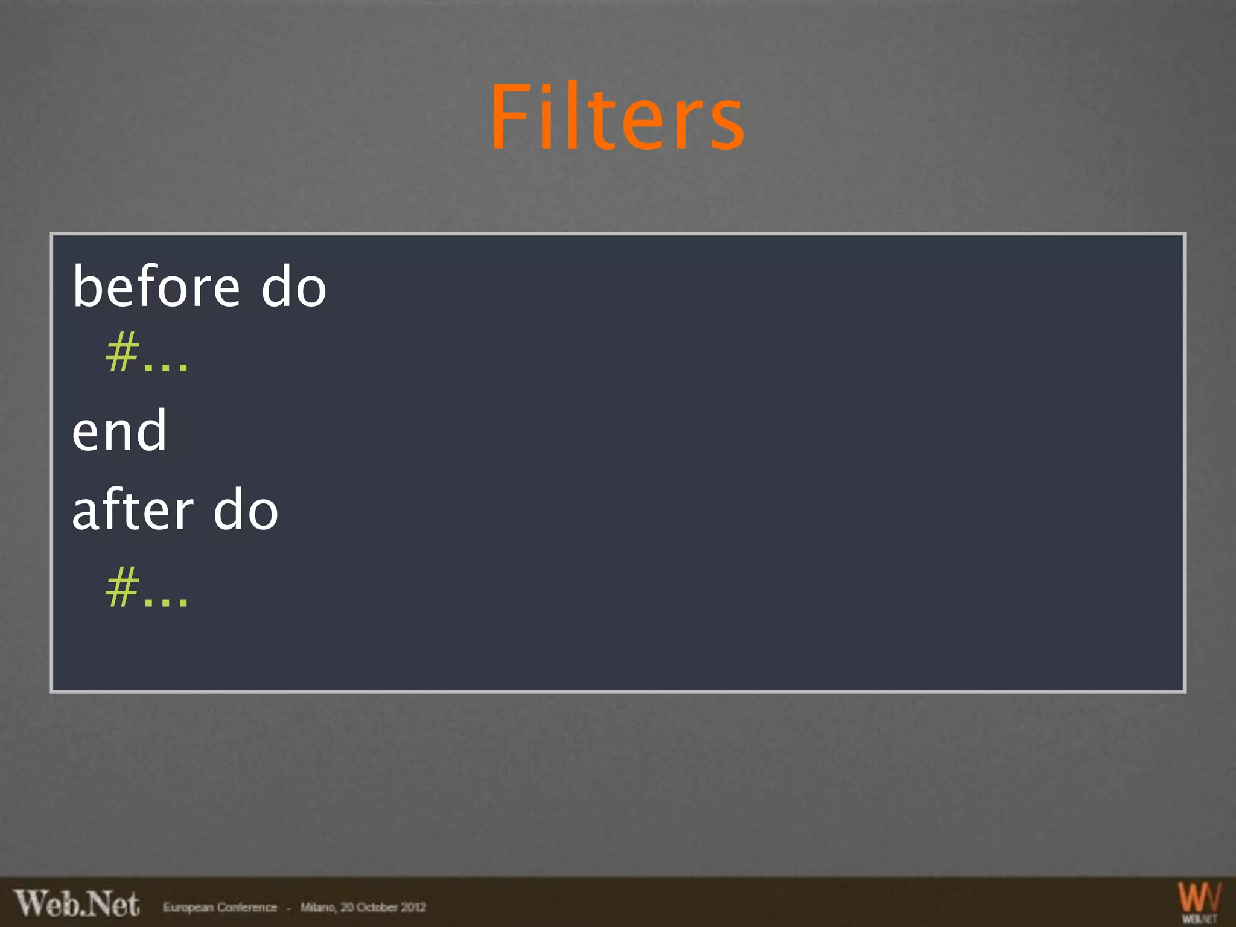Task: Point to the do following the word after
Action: [x=246, y=510]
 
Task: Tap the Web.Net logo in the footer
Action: [x=77, y=903]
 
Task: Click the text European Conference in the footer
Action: [x=220, y=907]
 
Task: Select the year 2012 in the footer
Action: [x=414, y=907]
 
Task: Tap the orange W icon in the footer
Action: [x=1199, y=897]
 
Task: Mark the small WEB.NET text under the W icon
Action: [x=1199, y=919]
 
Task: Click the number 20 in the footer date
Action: [x=347, y=907]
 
